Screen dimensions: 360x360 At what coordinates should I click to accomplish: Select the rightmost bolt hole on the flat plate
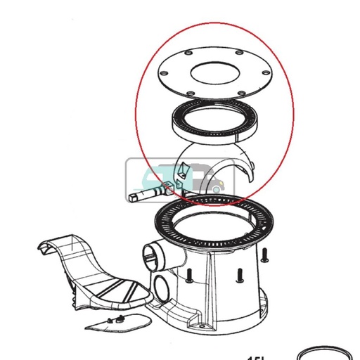point(267,70)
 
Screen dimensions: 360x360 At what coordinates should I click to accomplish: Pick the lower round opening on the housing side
point(161,288)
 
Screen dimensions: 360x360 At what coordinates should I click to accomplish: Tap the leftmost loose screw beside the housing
point(190,277)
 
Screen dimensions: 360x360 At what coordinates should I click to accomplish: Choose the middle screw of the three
point(240,275)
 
